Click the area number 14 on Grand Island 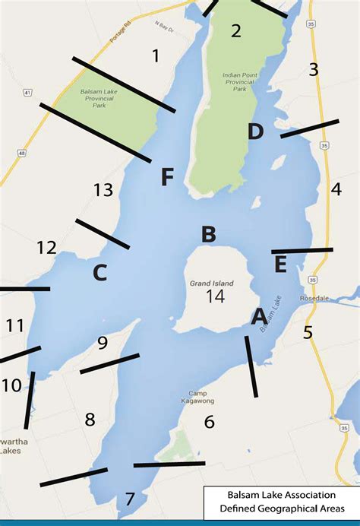coord(215,297)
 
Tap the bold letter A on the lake coord(259,315)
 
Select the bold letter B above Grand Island coord(208,235)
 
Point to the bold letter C coord(99,272)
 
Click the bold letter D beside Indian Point coord(255,131)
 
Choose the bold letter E coord(280,265)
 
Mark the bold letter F coord(168,178)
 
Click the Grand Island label coord(212,283)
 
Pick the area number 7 coord(130,499)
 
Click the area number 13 coord(103,190)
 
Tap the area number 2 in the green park coord(235,31)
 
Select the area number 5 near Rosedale coord(308,332)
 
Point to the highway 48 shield coord(21,153)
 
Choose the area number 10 coord(11,385)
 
